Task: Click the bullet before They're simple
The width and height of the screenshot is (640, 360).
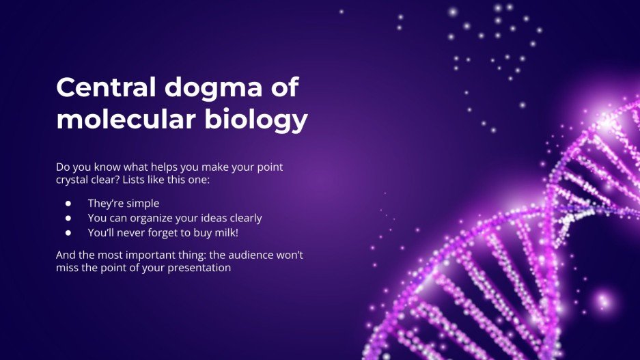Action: point(68,203)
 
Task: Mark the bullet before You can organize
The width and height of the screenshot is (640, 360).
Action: point(68,218)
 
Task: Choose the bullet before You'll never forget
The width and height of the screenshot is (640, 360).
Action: point(68,233)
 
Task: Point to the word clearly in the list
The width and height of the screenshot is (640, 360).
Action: point(245,218)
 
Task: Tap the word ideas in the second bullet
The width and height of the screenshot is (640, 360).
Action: point(214,218)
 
